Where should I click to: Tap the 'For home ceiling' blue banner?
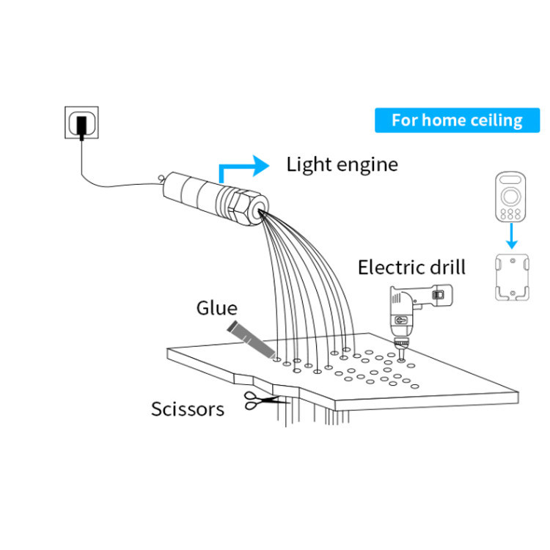[457, 120]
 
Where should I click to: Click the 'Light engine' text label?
[342, 164]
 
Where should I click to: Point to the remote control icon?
[510, 197]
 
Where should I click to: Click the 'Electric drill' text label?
[411, 266]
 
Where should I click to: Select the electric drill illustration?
[411, 312]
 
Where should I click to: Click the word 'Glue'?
[216, 307]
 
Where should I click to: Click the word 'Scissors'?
[188, 408]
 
